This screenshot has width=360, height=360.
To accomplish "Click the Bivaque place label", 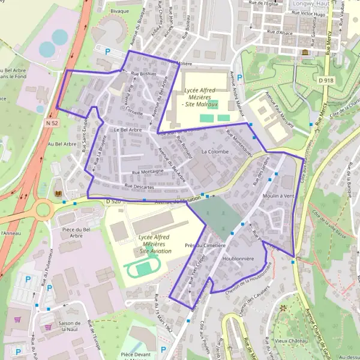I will coord(120,11).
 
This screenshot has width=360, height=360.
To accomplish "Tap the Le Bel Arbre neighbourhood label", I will coord(127,130).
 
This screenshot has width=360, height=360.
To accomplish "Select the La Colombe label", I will coord(215,152).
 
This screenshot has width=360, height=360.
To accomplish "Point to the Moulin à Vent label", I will coord(278,196).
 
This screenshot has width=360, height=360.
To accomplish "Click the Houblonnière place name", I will coord(238,259).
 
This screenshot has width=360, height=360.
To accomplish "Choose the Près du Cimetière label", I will coord(205,245).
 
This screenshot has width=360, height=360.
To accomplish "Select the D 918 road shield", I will coord(326,80).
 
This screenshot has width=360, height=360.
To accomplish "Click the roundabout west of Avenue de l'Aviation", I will coord(45,210).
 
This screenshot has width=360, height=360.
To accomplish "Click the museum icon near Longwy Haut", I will coord(305,53).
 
